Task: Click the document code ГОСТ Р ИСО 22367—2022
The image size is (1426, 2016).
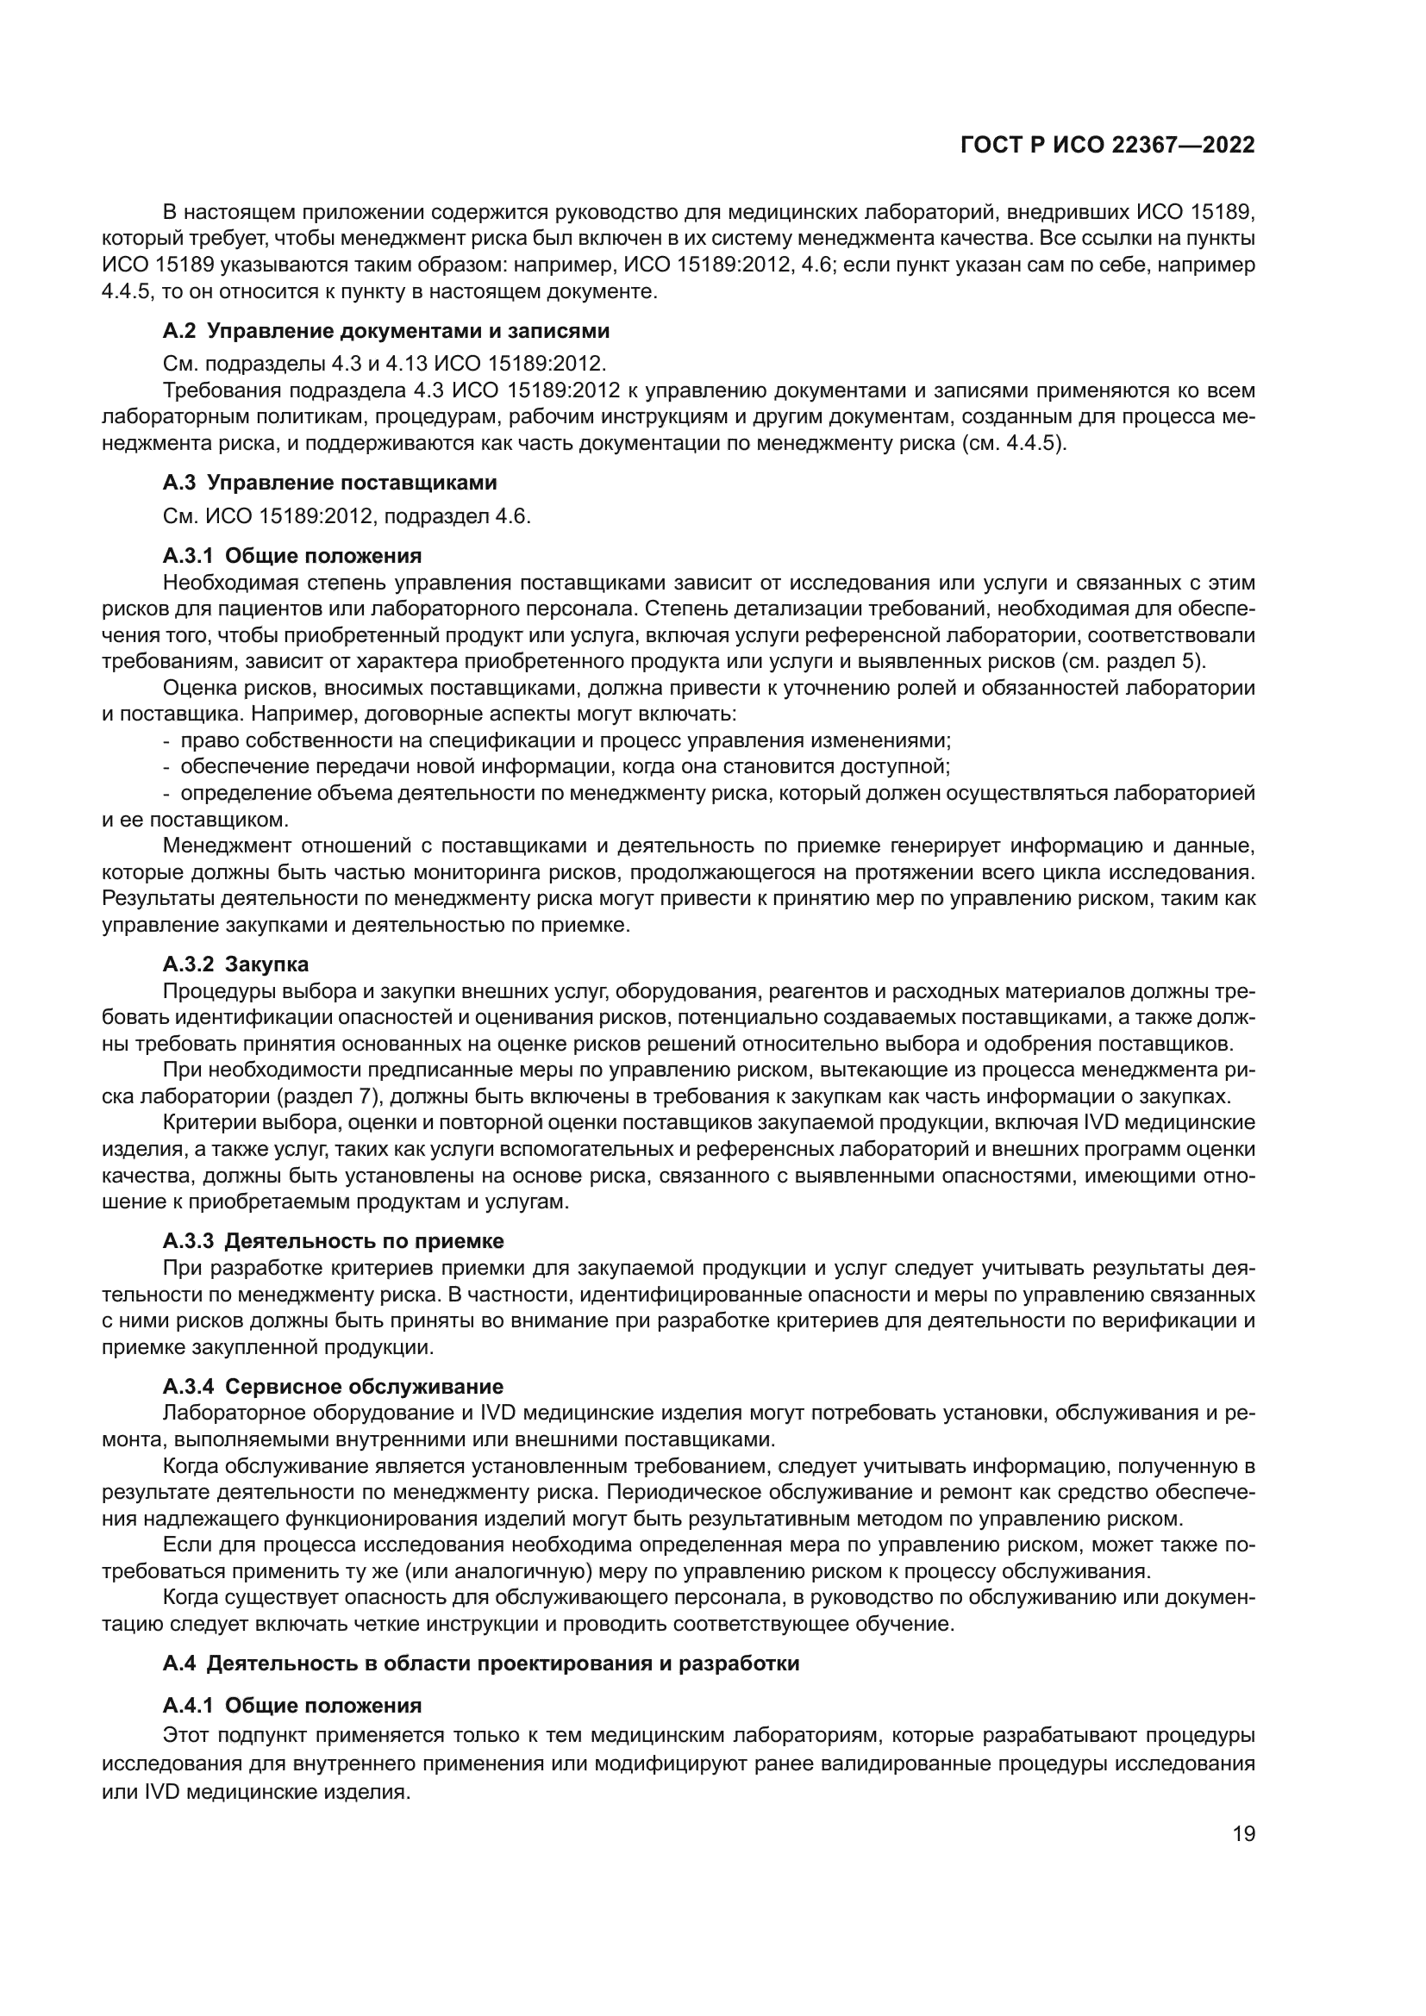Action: (1107, 146)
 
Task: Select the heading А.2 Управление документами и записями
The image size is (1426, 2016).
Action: (386, 331)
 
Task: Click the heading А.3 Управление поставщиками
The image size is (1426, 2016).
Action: (329, 482)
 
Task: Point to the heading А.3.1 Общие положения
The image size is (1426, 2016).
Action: (291, 555)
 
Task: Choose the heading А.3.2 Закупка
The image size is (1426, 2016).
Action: (235, 964)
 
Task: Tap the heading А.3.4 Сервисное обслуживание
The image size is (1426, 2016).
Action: (333, 1387)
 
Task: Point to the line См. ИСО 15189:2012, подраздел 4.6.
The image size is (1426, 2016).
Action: (347, 516)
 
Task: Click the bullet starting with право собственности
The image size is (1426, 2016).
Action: (562, 740)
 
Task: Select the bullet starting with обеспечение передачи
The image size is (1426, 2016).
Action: (562, 766)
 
